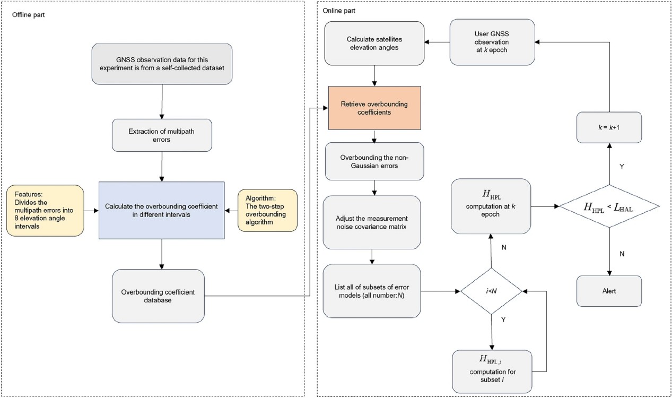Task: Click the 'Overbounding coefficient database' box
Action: point(159,296)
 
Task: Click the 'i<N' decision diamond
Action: point(491,291)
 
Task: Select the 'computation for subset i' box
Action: point(491,370)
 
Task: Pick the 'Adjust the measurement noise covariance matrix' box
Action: point(372,222)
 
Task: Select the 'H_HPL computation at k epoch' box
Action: point(491,206)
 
